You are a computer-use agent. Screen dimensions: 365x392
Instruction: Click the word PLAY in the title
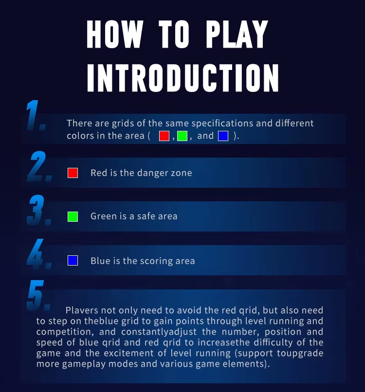(237, 34)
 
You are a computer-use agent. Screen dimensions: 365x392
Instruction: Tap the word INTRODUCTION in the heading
(183, 78)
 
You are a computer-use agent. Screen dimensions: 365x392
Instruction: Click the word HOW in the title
(115, 34)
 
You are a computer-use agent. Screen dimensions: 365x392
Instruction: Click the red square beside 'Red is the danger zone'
(73, 173)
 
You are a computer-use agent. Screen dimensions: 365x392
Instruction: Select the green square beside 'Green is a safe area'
(73, 216)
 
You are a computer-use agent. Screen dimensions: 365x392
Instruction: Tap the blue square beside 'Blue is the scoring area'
(73, 261)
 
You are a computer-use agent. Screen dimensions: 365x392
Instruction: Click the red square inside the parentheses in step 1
(164, 136)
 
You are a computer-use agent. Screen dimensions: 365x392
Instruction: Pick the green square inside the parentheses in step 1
(182, 136)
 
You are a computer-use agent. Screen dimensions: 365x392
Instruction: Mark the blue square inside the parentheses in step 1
(223, 136)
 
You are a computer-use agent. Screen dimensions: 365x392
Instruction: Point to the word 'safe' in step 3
(146, 216)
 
